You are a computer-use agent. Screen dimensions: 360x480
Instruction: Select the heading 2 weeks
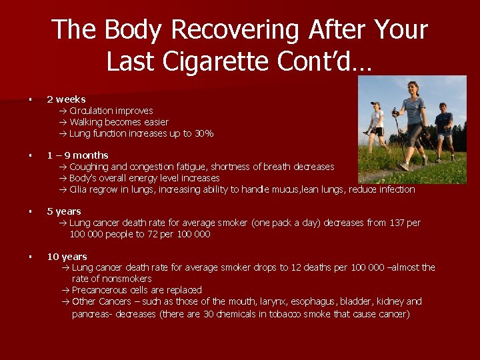tap(66, 99)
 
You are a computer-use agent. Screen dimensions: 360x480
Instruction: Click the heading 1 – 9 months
tap(77, 155)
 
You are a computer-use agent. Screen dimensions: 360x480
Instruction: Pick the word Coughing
tap(89, 167)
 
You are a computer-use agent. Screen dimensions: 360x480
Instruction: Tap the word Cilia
tap(79, 189)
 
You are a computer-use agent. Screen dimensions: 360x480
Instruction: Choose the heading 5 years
tap(64, 211)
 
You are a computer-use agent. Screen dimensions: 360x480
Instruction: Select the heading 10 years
tap(67, 257)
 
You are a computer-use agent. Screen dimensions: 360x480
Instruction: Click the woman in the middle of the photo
tap(414, 123)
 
